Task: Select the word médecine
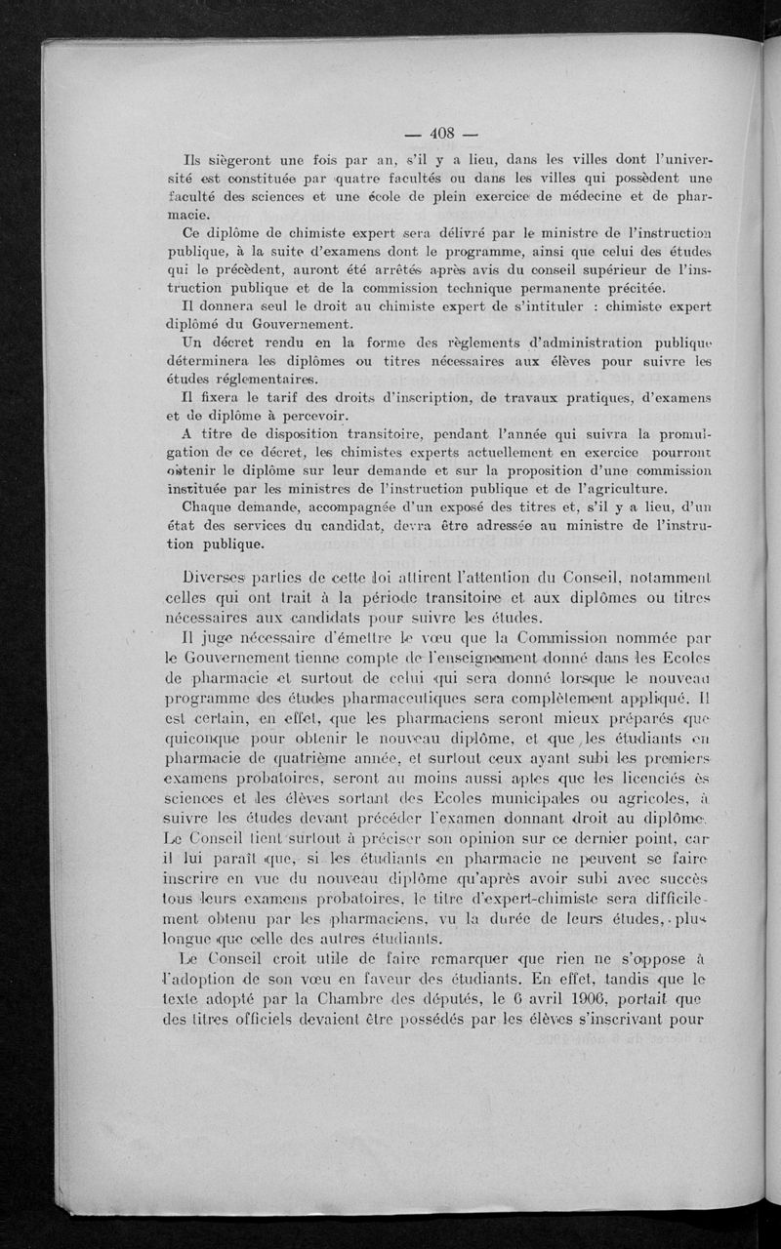point(585,197)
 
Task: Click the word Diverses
point(221,579)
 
